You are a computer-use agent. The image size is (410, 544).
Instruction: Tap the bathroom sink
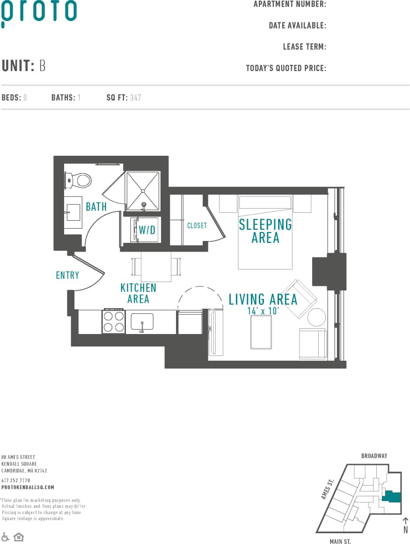click(72, 212)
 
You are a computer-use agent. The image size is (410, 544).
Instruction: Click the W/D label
click(146, 230)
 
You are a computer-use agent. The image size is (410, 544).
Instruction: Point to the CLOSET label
click(197, 225)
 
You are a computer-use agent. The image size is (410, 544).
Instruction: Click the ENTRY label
click(67, 275)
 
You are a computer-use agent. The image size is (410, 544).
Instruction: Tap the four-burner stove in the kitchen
click(113, 321)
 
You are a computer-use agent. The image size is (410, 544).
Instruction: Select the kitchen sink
click(142, 322)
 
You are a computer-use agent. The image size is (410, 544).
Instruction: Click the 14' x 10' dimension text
click(263, 311)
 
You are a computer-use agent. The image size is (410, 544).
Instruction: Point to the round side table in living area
click(316, 317)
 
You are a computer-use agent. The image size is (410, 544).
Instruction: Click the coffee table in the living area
click(261, 332)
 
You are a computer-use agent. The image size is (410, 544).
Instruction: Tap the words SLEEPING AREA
click(265, 231)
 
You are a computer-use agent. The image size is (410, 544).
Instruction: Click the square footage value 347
click(136, 98)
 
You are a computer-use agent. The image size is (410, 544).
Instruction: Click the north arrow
click(405, 523)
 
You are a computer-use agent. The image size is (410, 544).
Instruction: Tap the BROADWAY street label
click(374, 456)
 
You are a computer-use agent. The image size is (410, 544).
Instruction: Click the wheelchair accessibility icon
click(6, 537)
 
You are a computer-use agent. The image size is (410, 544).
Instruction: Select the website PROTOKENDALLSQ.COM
click(28, 487)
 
